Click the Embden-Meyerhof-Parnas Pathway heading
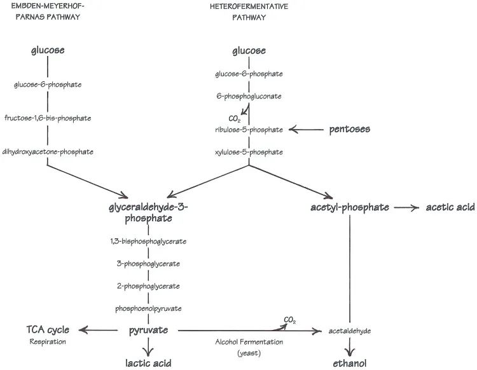coord(48,11)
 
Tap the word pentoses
coord(350,130)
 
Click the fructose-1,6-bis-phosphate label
coord(48,118)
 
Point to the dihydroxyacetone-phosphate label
coord(48,151)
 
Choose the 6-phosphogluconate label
coord(249,96)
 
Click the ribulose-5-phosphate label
coord(249,130)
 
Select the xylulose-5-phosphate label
coord(249,152)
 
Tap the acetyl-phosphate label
coord(350,207)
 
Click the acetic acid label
coord(450,207)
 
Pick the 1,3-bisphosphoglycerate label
coord(149,241)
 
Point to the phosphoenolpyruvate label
coord(149,308)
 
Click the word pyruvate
coord(149,331)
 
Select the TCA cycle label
coord(48,330)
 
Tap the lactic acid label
coord(148,363)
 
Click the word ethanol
coord(350,363)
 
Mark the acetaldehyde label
coord(350,331)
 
